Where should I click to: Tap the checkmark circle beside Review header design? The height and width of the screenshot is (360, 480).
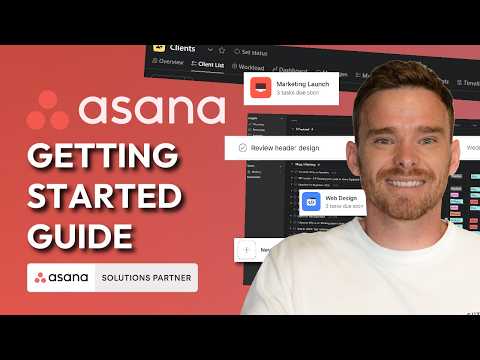(x=243, y=146)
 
